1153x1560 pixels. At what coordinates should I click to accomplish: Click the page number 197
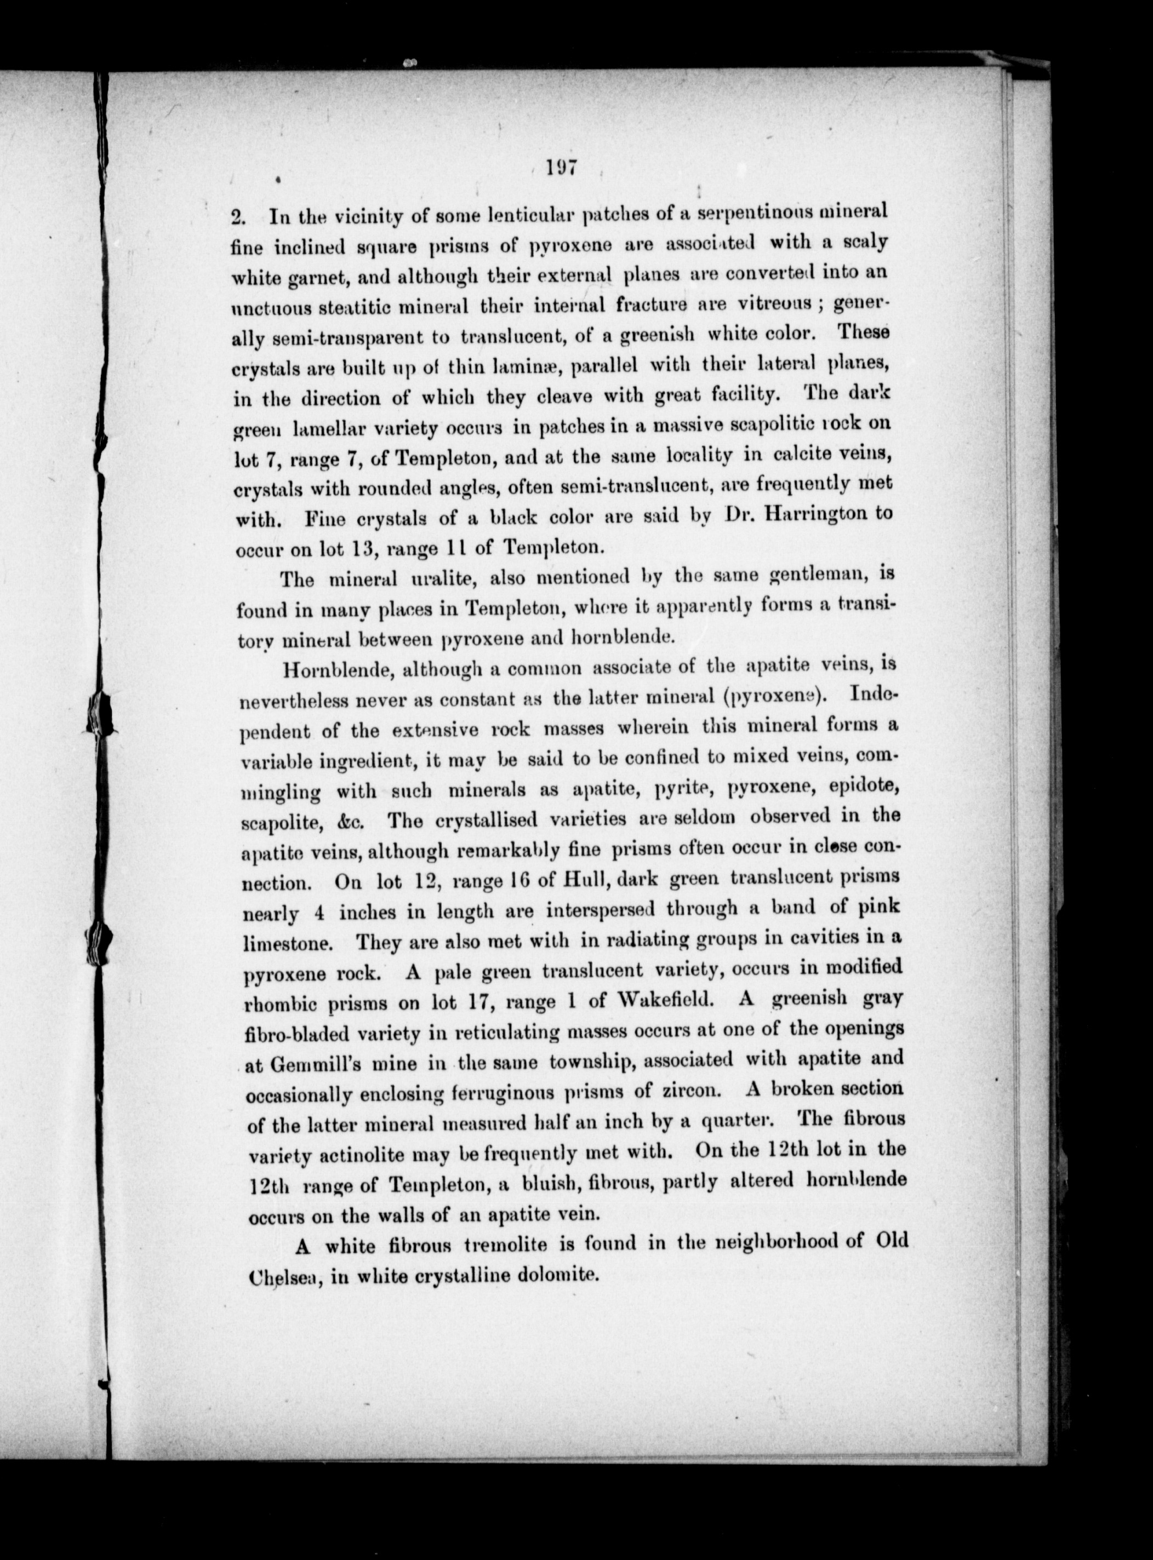pos(561,169)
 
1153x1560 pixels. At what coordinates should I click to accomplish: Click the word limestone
pos(286,943)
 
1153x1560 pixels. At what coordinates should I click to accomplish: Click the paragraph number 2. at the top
pos(239,216)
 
